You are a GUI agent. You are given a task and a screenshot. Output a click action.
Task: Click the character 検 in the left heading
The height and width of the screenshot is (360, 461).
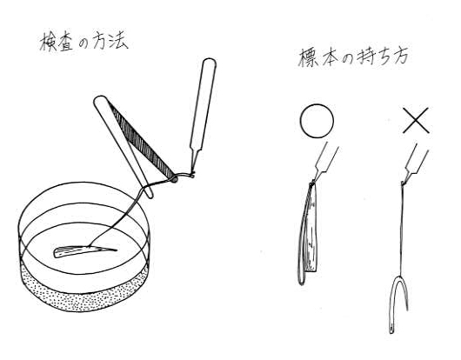tap(48, 42)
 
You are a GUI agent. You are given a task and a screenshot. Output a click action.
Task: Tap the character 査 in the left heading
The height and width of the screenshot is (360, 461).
tap(65, 42)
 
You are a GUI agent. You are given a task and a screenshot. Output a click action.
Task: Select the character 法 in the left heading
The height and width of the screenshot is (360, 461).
tap(118, 41)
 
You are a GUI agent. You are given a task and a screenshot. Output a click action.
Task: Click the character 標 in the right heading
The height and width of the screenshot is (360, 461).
tap(308, 57)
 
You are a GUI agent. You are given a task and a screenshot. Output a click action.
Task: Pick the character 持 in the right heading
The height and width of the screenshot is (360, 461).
tap(365, 57)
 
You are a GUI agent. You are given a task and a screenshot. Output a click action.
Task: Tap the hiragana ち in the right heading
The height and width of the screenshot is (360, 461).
tap(383, 57)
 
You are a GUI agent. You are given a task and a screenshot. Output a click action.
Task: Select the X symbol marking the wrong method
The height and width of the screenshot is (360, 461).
tap(416, 120)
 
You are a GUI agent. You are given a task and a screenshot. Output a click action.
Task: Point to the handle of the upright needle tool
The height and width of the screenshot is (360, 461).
tap(203, 103)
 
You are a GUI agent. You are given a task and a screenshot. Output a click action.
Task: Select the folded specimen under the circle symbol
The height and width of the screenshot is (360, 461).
tap(309, 232)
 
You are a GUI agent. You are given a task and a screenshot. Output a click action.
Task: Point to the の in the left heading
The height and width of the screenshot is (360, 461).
tap(84, 43)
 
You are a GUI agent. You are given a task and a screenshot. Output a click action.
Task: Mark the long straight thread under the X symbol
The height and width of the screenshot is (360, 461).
tap(402, 232)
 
